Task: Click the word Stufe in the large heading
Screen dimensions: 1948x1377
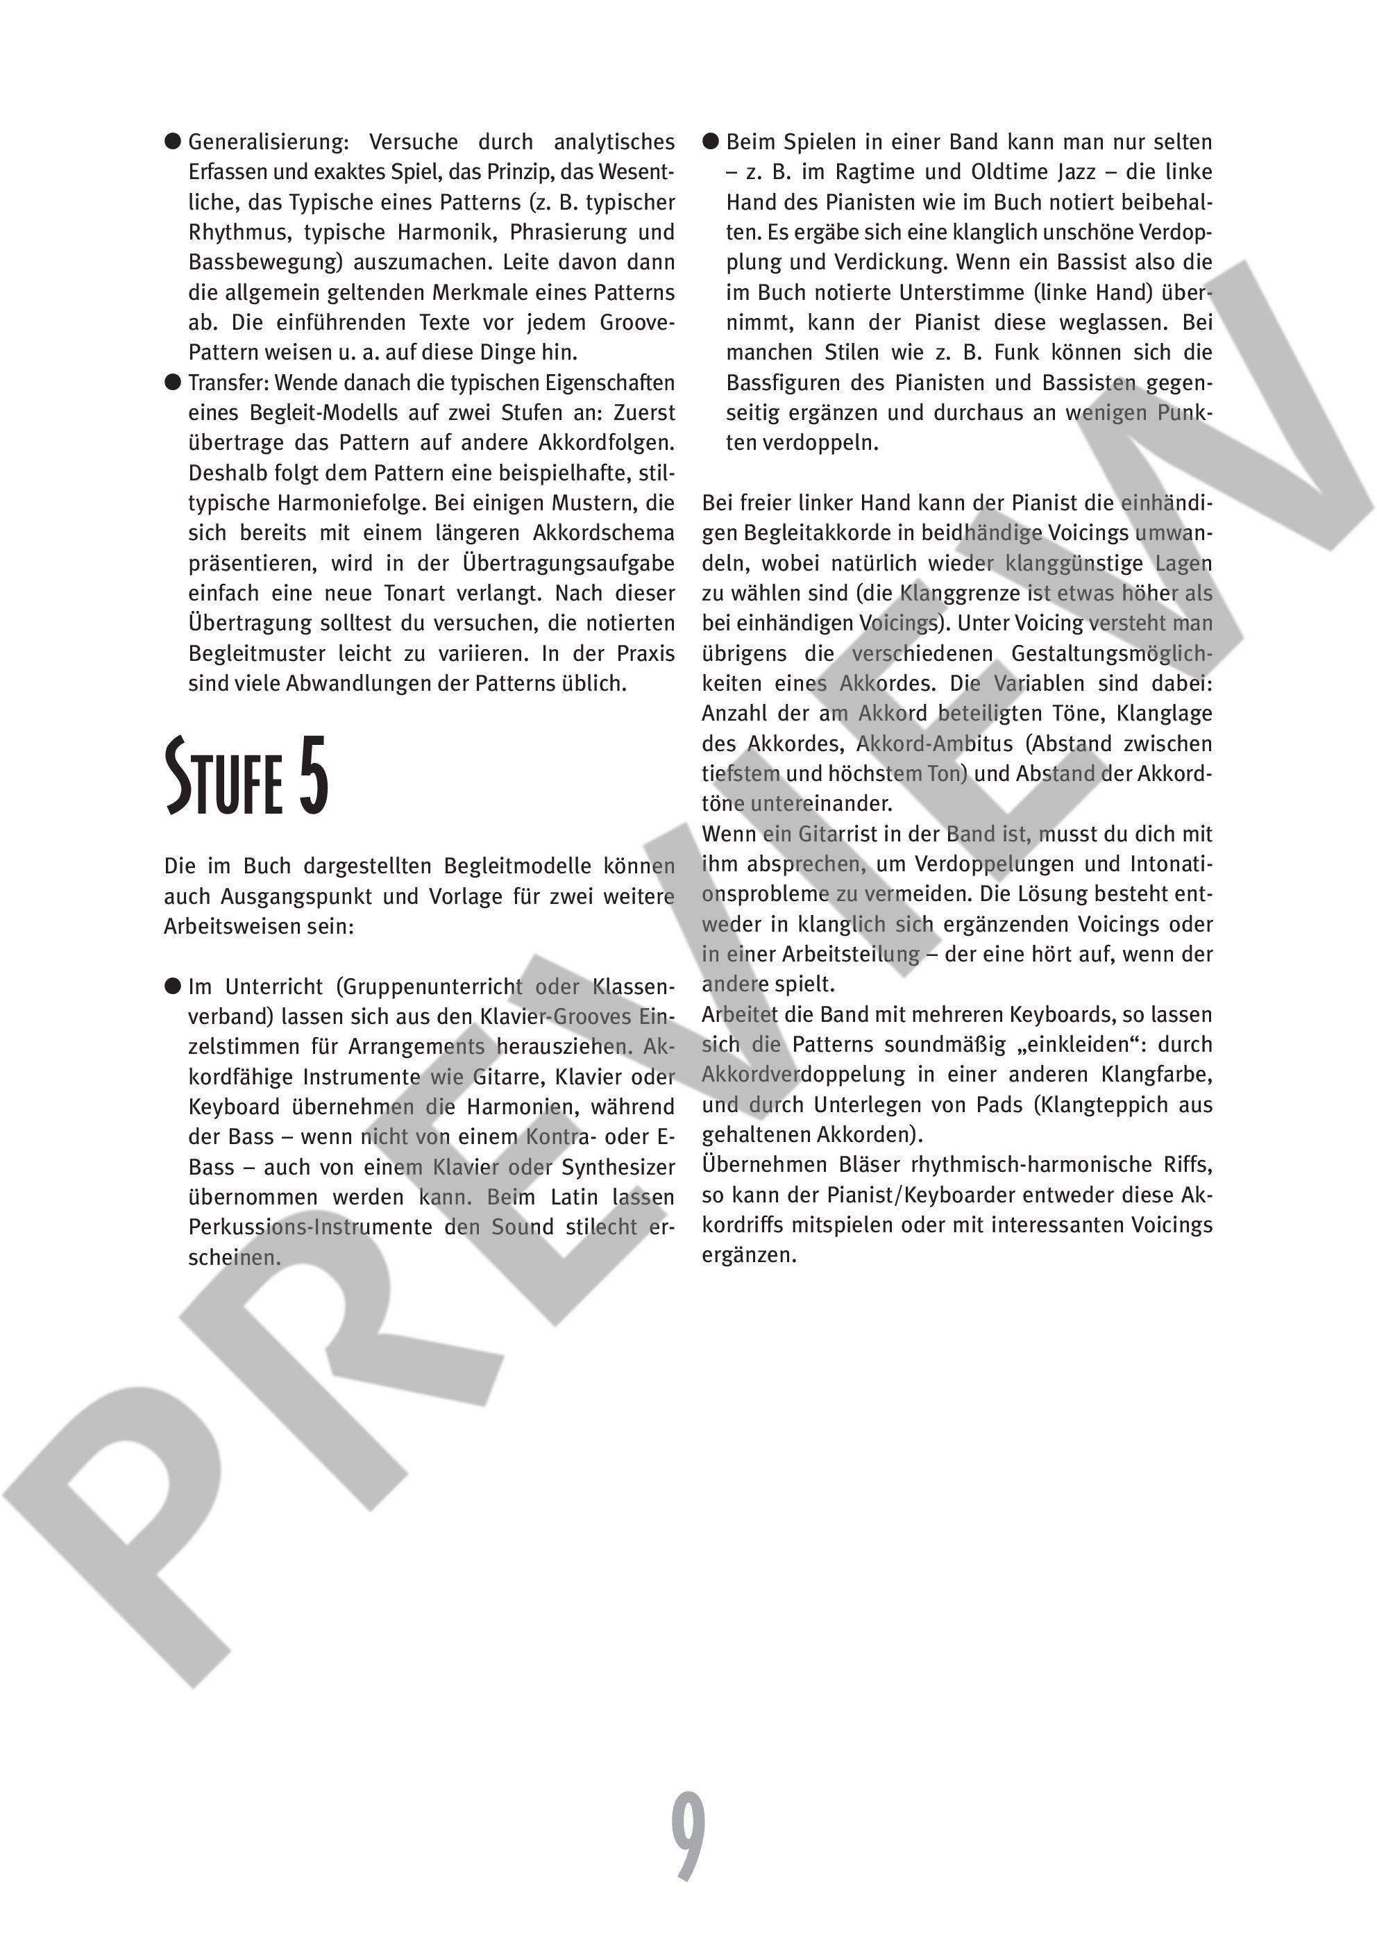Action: click(223, 777)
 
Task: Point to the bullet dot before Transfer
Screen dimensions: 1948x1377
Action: click(173, 382)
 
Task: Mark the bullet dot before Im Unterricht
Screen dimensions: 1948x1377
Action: click(173, 986)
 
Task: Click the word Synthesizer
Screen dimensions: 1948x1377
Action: click(618, 1168)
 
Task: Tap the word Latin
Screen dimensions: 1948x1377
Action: click(576, 1197)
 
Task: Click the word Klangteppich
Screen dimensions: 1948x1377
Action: click(1077, 1105)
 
